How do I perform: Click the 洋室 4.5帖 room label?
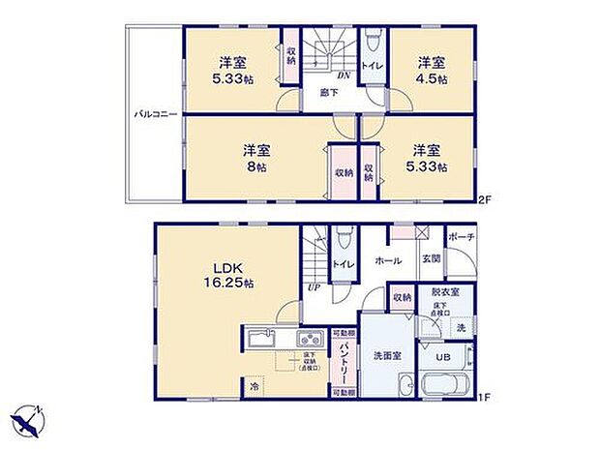(x=432, y=72)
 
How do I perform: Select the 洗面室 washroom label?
(x=387, y=356)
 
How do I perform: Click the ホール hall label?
(x=389, y=260)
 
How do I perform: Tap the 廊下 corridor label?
(x=329, y=94)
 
